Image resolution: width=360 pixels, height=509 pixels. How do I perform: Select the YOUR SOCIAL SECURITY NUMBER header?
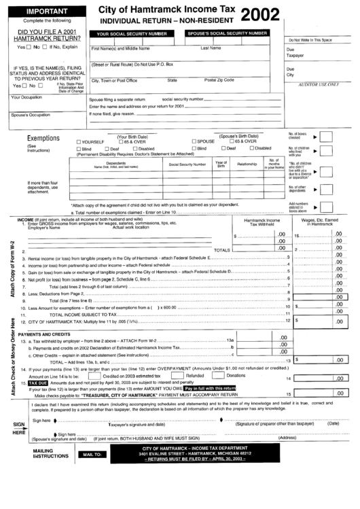pyautogui.click(x=132, y=33)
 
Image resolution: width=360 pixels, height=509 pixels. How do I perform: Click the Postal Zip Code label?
pyautogui.click(x=219, y=80)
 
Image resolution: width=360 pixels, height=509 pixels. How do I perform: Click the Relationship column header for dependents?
pyautogui.click(x=247, y=164)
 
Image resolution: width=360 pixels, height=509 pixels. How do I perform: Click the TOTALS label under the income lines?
pyautogui.click(x=221, y=250)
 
